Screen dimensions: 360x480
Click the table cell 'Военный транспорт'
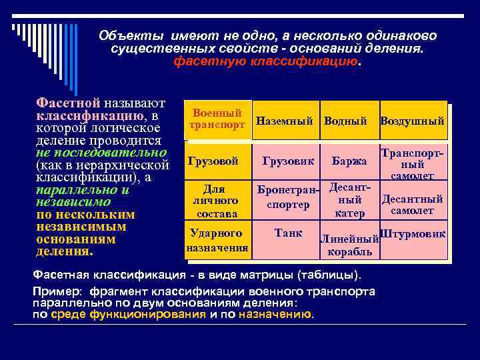[x=217, y=119]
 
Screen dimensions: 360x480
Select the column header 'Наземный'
[x=284, y=121]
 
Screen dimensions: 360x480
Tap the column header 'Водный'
[x=345, y=121]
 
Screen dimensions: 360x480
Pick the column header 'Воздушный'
[x=412, y=121]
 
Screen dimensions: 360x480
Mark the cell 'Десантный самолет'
[x=412, y=205]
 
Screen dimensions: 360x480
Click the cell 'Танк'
[x=289, y=233]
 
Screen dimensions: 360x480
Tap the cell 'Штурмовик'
[x=412, y=233]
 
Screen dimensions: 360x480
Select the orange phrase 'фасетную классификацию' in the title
[x=265, y=62]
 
